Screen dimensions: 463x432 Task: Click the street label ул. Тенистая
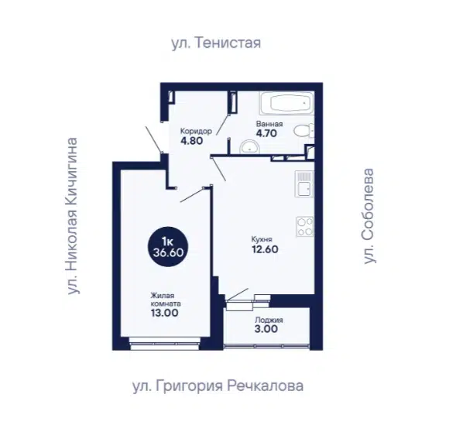[x=216, y=43]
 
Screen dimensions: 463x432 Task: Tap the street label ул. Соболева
[x=369, y=216]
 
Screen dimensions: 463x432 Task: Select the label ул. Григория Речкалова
[x=218, y=386]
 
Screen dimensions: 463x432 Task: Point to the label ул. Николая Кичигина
[x=72, y=216]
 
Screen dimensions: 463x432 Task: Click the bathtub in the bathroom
[x=286, y=103]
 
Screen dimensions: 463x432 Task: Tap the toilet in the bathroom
[x=304, y=131]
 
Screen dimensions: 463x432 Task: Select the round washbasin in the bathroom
[x=249, y=147]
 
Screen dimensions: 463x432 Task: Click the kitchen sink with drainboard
[x=304, y=184]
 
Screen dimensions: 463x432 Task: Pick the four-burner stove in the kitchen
[x=305, y=227]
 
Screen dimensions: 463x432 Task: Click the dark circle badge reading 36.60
[x=168, y=246]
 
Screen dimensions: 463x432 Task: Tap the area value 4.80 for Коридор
[x=192, y=141]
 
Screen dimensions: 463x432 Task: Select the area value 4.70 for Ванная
[x=266, y=133]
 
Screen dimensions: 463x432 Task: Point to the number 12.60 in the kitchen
[x=265, y=249]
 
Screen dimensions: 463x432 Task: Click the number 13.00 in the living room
[x=164, y=313]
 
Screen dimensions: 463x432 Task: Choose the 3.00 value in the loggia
[x=266, y=329]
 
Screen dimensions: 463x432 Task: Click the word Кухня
[x=262, y=239]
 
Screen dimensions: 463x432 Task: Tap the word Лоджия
[x=269, y=320]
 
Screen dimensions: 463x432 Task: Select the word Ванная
[x=269, y=124]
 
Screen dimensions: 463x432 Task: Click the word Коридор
[x=196, y=131]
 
